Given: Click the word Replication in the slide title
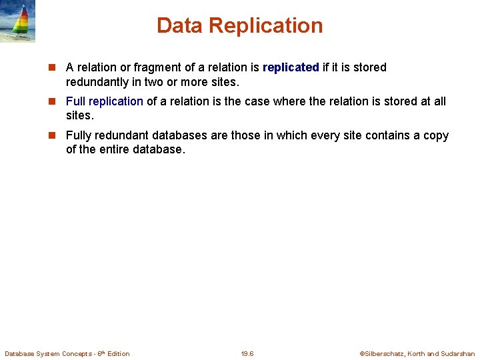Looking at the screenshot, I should coord(266,25).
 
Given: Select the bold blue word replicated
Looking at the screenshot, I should coord(291,67).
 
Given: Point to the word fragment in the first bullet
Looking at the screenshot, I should coord(154,67).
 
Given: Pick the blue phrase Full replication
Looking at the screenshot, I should coord(105,101).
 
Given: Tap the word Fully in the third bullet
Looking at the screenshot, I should coord(78,135).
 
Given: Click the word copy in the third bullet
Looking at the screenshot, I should coord(435,135).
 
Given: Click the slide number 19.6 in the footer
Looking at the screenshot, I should coord(247,353).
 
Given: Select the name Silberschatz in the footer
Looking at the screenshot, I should coord(384,353).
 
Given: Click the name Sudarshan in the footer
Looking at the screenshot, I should coord(458,353).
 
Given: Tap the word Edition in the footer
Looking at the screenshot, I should coord(119,353).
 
